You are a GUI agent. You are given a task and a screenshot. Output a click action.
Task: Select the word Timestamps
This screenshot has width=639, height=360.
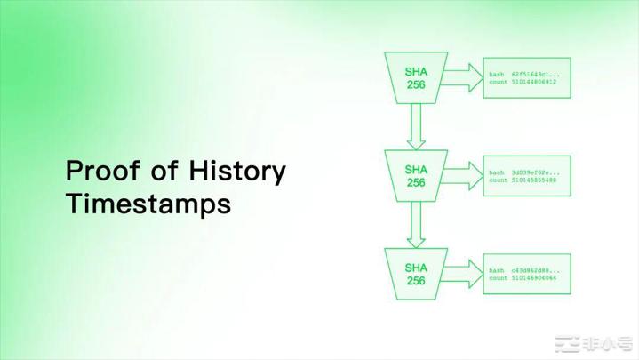click(x=148, y=204)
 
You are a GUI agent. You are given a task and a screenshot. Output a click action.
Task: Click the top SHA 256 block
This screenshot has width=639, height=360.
click(x=416, y=76)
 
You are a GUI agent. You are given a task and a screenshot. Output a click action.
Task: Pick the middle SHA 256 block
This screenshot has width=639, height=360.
click(x=416, y=175)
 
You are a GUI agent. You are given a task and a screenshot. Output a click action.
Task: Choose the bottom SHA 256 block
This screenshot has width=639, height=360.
click(x=416, y=274)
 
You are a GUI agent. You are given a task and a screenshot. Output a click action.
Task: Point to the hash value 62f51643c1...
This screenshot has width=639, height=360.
click(x=536, y=73)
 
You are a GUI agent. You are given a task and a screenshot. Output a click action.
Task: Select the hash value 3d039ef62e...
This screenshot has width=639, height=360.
click(x=536, y=172)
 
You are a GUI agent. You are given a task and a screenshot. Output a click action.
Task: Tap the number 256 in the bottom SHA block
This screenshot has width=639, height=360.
click(x=416, y=281)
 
